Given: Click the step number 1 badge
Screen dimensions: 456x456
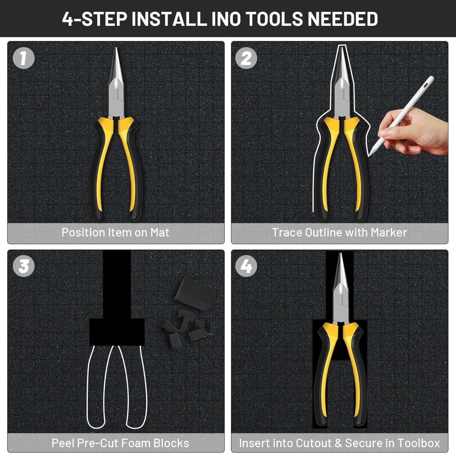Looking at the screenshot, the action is pyautogui.click(x=24, y=58).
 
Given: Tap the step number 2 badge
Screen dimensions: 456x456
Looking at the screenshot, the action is pyautogui.click(x=246, y=58).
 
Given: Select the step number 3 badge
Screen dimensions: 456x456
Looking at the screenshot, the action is pyautogui.click(x=24, y=266).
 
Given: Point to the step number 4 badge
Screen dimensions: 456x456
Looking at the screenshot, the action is pyautogui.click(x=246, y=266).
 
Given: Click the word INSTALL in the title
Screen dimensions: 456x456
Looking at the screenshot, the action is pyautogui.click(x=169, y=19).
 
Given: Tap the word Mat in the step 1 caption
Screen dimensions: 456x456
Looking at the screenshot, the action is pyautogui.click(x=160, y=233).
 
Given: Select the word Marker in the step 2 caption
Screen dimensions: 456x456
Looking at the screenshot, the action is pyautogui.click(x=389, y=233).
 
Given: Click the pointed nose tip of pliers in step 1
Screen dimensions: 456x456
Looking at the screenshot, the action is pyautogui.click(x=116, y=48).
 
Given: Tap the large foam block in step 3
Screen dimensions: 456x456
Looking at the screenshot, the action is pyautogui.click(x=195, y=294).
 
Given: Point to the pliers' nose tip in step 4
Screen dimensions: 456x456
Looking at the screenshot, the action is pyautogui.click(x=340, y=253).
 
